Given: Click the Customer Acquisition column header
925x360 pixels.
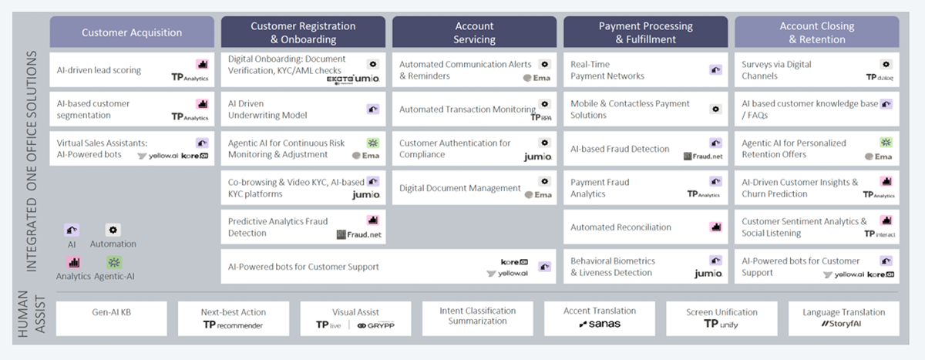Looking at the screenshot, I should (132, 32).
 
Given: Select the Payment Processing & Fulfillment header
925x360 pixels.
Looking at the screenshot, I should (645, 32).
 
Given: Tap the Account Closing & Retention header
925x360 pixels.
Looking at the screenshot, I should (816, 32).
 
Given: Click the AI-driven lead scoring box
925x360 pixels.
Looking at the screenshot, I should (132, 70).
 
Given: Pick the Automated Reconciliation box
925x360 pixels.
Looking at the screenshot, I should (645, 227).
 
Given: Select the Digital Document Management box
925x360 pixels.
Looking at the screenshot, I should (474, 188).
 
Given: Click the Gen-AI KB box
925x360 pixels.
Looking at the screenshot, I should (111, 318).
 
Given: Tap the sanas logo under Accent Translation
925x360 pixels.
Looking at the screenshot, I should (600, 325).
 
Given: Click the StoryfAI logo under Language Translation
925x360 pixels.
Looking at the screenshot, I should (843, 325).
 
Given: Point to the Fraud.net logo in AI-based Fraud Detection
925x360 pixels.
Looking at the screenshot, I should (704, 156).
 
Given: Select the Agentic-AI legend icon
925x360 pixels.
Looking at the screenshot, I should (114, 262).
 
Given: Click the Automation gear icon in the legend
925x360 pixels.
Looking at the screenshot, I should (113, 230).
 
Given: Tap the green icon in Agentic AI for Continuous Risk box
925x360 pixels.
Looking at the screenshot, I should (373, 143).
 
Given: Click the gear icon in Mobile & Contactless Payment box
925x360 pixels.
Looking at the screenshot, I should (715, 109).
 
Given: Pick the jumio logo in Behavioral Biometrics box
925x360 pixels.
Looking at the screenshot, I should (708, 274).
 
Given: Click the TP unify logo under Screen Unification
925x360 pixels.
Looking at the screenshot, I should (721, 325).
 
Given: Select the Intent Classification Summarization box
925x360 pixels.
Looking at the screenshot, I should (477, 317).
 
